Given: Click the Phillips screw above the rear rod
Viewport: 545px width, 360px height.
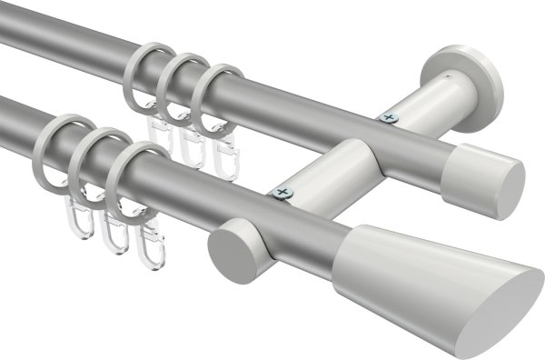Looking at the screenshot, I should click(391, 115).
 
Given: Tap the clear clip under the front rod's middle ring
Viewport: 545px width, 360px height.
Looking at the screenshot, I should click(113, 234).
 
